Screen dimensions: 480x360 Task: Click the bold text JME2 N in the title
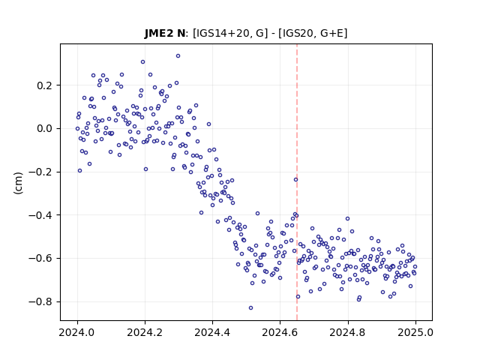[165, 33]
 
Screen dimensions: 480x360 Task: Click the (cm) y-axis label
[18, 183]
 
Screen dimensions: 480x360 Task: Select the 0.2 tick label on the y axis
[44, 85]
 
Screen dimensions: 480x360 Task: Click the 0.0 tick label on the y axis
[44, 128]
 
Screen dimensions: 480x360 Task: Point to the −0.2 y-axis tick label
[40, 172]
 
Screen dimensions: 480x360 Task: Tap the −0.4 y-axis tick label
[40, 215]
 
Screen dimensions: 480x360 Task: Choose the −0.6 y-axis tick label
[40, 259]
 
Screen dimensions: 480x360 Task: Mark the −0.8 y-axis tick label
[40, 301]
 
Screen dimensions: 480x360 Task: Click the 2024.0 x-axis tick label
[77, 332]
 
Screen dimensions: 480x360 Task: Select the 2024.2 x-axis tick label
[145, 332]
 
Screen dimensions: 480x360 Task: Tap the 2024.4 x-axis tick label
[212, 332]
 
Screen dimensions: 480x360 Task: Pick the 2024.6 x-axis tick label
[280, 332]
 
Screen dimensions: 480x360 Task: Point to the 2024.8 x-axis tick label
[347, 332]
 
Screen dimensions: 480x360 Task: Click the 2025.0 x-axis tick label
[415, 332]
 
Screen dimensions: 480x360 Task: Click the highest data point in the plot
[178, 56]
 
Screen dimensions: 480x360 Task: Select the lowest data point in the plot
[250, 308]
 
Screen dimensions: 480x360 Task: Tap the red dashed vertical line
[297, 182]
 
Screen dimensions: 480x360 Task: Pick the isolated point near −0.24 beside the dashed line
[295, 180]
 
